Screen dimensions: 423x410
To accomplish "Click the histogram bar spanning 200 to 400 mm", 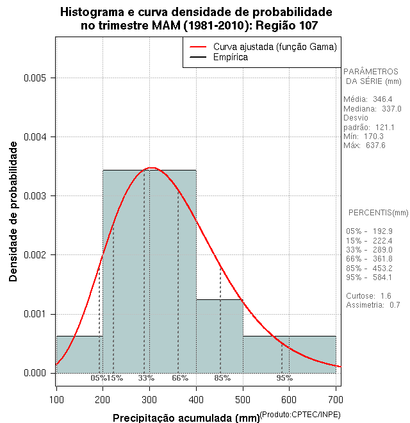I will click(x=149, y=269).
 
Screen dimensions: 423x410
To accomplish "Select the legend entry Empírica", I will click(x=230, y=58).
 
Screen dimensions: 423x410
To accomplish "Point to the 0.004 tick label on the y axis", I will click(x=36, y=137).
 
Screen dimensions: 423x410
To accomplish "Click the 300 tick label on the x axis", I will click(x=149, y=400).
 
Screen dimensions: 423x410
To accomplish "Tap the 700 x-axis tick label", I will click(x=335, y=400).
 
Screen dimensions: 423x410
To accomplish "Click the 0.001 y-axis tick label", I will click(x=36, y=314).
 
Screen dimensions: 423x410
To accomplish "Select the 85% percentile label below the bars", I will click(x=222, y=378).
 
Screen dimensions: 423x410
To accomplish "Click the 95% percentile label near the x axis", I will click(x=284, y=378).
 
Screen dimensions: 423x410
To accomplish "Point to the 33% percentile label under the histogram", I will click(x=146, y=378).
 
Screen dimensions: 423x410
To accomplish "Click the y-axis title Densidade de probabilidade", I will click(x=13, y=211).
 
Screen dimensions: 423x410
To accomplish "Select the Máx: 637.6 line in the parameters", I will click(x=365, y=145).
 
